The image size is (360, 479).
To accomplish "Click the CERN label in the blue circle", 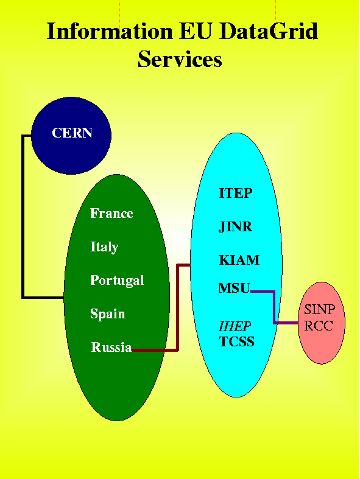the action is point(72,133).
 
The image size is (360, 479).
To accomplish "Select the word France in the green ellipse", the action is point(111,213).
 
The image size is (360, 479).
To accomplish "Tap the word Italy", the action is point(104,247).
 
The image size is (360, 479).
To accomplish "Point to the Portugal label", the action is point(117,281).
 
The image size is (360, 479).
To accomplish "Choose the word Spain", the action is point(108,314).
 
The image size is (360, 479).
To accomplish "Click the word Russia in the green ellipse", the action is point(111,347).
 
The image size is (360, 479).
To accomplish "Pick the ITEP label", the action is point(236,193).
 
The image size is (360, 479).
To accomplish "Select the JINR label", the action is point(235,227).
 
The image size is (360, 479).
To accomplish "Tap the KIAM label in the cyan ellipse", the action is point(239,260).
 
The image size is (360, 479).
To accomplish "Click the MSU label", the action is point(235,288).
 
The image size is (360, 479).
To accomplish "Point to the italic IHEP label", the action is point(235,327).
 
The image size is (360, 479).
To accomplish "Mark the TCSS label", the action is point(237,341).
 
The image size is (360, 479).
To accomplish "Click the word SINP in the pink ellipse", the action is point(319,309).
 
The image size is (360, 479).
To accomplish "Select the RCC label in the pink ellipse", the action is point(319,326).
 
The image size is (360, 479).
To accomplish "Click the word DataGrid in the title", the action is point(269,31).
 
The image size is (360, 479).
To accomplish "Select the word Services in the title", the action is point(180,59).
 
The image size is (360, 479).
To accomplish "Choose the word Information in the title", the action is point(110,31).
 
